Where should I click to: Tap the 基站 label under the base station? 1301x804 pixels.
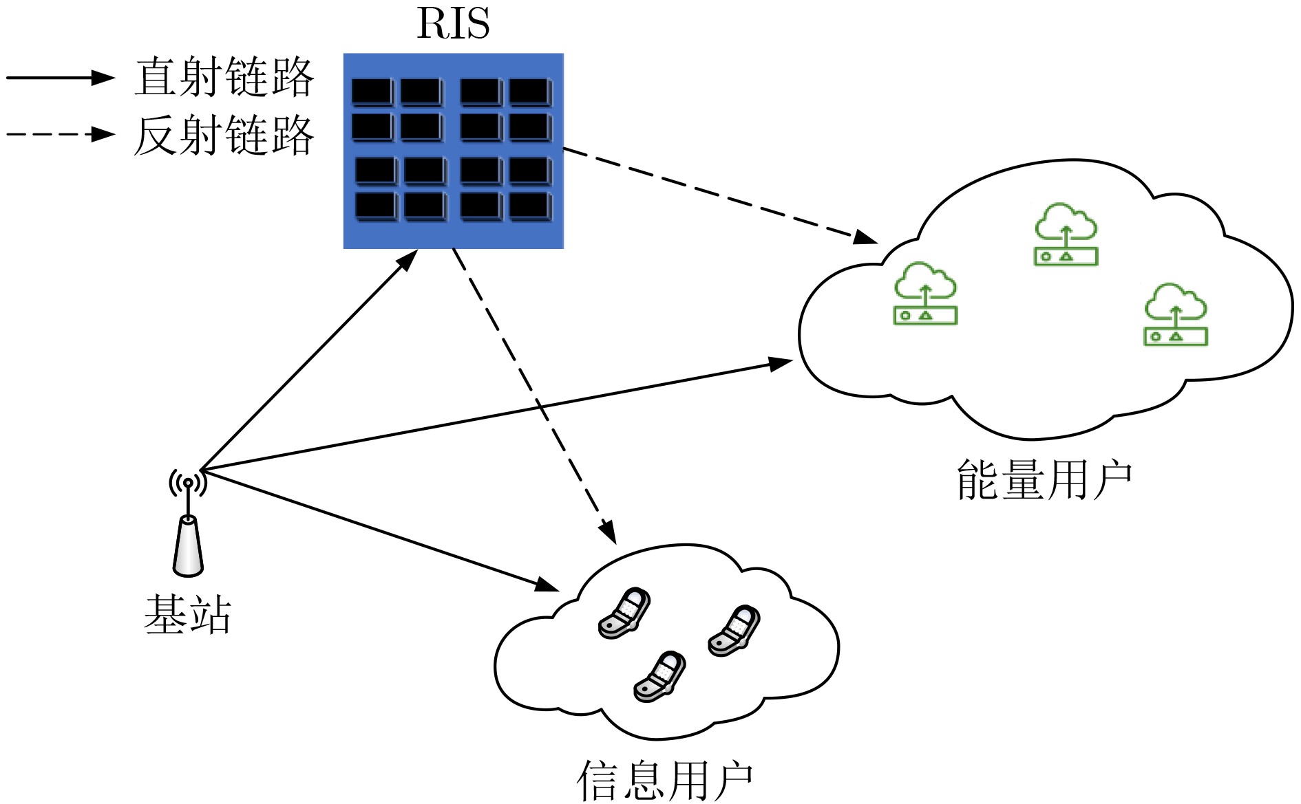pos(188,613)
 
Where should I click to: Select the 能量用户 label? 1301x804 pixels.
pos(1044,479)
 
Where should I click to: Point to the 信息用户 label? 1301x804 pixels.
pos(664,781)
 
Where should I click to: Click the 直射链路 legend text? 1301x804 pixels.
pos(224,77)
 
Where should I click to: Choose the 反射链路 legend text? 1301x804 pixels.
pos(224,135)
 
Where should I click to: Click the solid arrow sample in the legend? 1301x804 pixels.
pos(61,78)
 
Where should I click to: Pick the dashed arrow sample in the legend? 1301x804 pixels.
pos(61,133)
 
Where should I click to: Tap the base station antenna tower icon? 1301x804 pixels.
pos(188,523)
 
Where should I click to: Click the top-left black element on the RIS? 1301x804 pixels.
pos(372,91)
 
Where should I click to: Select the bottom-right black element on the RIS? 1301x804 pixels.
pos(530,206)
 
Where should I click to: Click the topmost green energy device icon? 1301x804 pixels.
pos(1066,234)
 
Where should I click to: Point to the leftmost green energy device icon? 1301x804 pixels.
pos(925,293)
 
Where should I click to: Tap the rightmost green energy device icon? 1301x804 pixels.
pos(1176,314)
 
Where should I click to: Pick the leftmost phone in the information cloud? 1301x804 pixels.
pos(624,613)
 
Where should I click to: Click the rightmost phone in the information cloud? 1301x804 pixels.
pos(734,631)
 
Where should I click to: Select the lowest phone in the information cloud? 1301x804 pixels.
pos(659,677)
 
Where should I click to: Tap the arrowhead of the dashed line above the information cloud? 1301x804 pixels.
pos(607,532)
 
